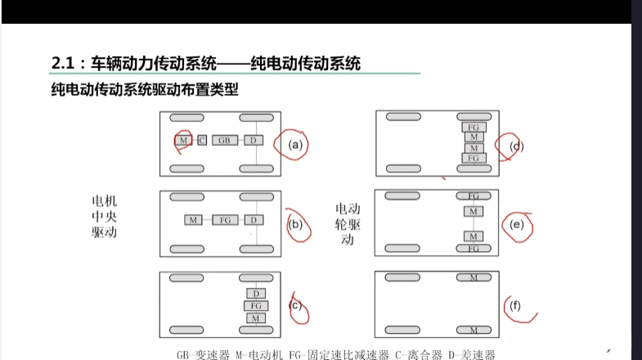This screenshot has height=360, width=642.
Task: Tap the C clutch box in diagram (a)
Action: pos(201,141)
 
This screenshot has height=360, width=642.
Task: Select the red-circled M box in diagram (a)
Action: pos(184,141)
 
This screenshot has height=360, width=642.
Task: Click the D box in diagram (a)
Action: pos(254,141)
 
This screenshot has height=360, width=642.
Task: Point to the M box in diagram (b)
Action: pos(193,220)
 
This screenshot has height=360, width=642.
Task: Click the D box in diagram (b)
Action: pos(254,220)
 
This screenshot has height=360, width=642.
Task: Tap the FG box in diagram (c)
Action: pos(255,305)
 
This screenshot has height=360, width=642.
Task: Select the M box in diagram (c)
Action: pos(255,317)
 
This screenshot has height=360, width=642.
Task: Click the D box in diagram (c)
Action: pos(255,293)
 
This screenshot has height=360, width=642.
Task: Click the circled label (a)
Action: pos(295,145)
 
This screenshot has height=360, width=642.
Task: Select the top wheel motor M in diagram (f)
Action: pos(474,278)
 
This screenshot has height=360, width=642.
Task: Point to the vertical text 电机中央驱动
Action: pos(106,216)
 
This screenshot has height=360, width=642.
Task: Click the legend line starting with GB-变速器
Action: pos(335,354)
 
